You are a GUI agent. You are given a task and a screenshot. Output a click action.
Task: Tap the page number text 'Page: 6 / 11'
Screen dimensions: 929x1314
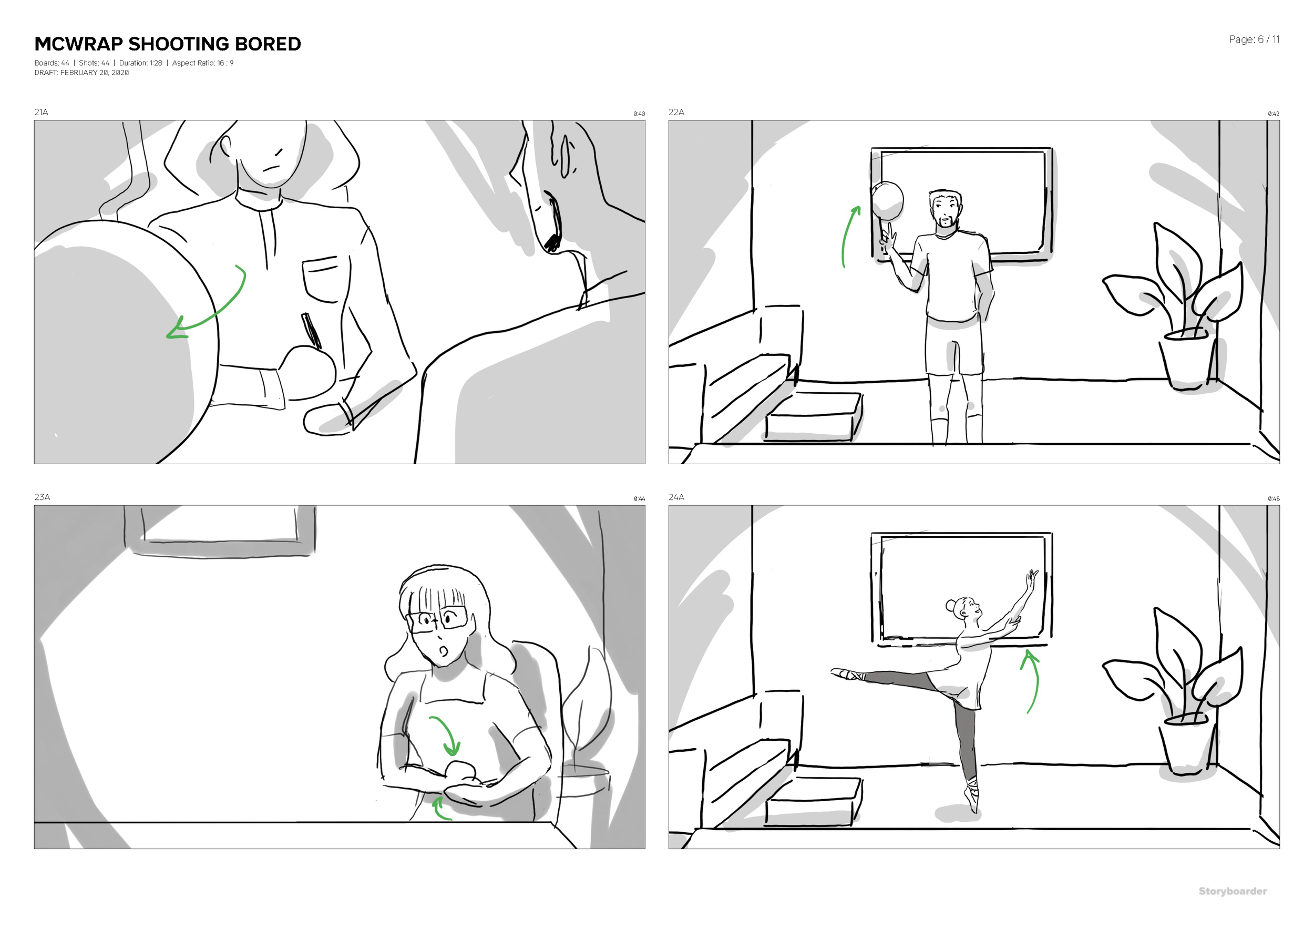pyautogui.click(x=1254, y=39)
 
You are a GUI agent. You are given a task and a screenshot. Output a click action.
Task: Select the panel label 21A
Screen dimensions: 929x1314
pyautogui.click(x=41, y=112)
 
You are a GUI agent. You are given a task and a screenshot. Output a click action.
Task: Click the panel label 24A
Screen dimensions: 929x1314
pyautogui.click(x=676, y=497)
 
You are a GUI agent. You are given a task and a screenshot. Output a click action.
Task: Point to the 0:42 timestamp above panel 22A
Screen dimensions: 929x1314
pyautogui.click(x=1274, y=114)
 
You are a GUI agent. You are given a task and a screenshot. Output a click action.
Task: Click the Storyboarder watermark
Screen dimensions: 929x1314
pyautogui.click(x=1232, y=891)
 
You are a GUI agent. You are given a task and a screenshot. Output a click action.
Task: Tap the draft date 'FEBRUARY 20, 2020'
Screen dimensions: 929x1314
pyautogui.click(x=95, y=73)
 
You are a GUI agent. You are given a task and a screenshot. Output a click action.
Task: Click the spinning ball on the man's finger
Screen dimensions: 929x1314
pyautogui.click(x=887, y=201)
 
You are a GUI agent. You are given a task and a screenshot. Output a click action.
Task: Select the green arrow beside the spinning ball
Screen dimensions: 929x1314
pyautogui.click(x=849, y=236)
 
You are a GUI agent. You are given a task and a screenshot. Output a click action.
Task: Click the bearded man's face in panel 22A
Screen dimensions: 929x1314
pyautogui.click(x=945, y=211)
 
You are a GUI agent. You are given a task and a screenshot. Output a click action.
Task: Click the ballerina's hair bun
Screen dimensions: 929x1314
pyautogui.click(x=949, y=605)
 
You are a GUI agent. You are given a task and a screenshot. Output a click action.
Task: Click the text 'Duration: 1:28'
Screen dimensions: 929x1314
pyautogui.click(x=141, y=63)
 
